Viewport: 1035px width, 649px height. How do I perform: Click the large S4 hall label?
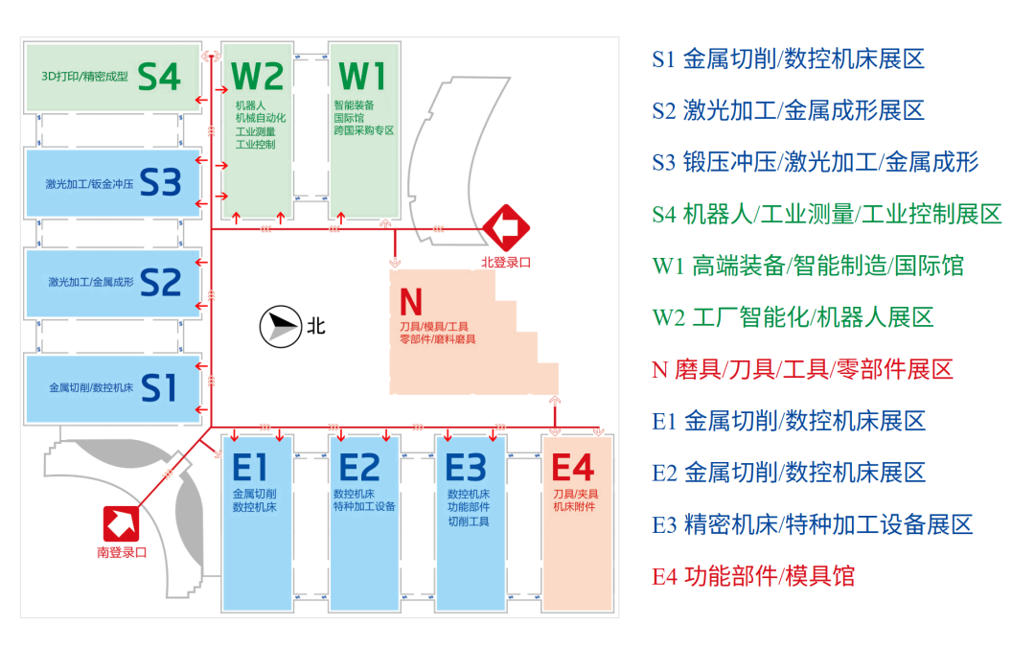pyautogui.click(x=159, y=77)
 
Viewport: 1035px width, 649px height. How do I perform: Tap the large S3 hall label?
pyautogui.click(x=160, y=182)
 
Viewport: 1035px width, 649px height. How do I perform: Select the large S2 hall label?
pyautogui.click(x=160, y=283)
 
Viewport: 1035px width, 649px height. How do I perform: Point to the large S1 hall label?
pyautogui.click(x=159, y=387)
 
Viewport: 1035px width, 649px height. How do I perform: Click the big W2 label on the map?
pyautogui.click(x=258, y=76)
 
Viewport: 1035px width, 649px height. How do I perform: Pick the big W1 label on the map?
pyautogui.click(x=361, y=76)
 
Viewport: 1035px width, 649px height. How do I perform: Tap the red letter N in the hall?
pyautogui.click(x=410, y=302)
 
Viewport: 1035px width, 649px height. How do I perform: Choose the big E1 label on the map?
pyautogui.click(x=249, y=468)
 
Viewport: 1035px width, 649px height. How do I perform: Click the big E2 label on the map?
pyautogui.click(x=359, y=468)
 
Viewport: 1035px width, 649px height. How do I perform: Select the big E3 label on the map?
pyautogui.click(x=466, y=468)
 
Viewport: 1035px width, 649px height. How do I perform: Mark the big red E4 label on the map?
pyautogui.click(x=573, y=468)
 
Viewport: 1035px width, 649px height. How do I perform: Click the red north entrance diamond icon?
pyautogui.click(x=506, y=228)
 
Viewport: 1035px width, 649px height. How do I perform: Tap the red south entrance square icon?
pyautogui.click(x=121, y=524)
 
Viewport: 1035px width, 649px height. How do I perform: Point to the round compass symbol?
pyautogui.click(x=281, y=326)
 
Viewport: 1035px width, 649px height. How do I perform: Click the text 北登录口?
pyautogui.click(x=506, y=262)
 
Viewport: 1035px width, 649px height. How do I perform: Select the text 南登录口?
pyautogui.click(x=122, y=552)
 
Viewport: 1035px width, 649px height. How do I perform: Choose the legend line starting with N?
pyautogui.click(x=803, y=369)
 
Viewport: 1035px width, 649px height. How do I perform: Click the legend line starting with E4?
pyautogui.click(x=753, y=576)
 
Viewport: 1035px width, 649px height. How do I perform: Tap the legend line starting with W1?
pyautogui.click(x=808, y=266)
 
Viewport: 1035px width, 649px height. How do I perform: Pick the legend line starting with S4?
pyautogui.click(x=827, y=214)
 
